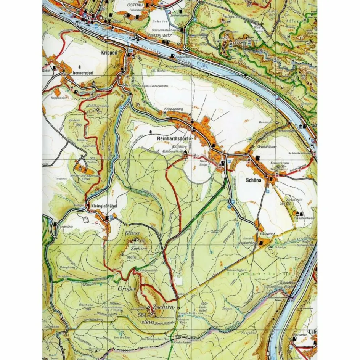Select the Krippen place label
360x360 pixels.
click(x=109, y=53)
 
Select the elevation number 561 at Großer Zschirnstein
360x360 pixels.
click(x=142, y=315)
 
